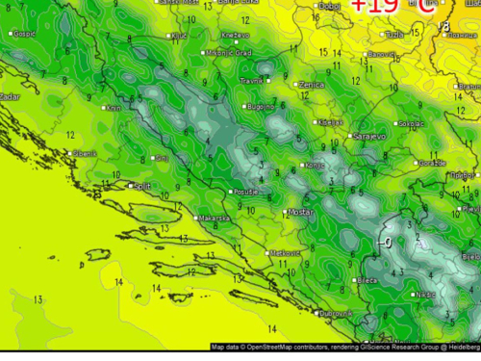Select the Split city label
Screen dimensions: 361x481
pyautogui.click(x=141, y=186)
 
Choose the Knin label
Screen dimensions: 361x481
pyautogui.click(x=113, y=108)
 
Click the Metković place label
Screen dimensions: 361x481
pyautogui.click(x=286, y=252)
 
